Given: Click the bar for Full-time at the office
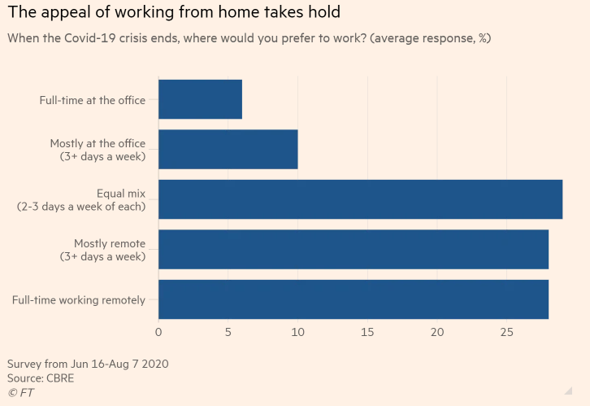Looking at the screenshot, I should (200, 99).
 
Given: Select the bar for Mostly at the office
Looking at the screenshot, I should (228, 149).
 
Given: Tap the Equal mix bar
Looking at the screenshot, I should (360, 199).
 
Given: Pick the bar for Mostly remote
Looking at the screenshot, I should (353, 249).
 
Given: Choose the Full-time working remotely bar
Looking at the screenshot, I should (353, 299).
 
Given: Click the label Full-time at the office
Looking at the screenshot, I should (93, 100).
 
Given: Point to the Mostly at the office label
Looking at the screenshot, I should (98, 150).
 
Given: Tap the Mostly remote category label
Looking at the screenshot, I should (102, 250).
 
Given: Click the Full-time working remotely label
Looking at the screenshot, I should (79, 300).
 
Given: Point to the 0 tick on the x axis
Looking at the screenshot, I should (158, 332).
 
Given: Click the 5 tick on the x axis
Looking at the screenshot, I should (228, 332).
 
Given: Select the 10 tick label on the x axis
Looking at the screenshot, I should (298, 332).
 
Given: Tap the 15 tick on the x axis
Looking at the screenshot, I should (367, 332).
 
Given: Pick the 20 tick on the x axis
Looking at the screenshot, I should (437, 332).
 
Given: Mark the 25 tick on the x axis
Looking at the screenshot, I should (507, 332).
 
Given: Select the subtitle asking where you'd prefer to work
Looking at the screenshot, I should (249, 37).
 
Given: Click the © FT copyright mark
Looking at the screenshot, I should (21, 393).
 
